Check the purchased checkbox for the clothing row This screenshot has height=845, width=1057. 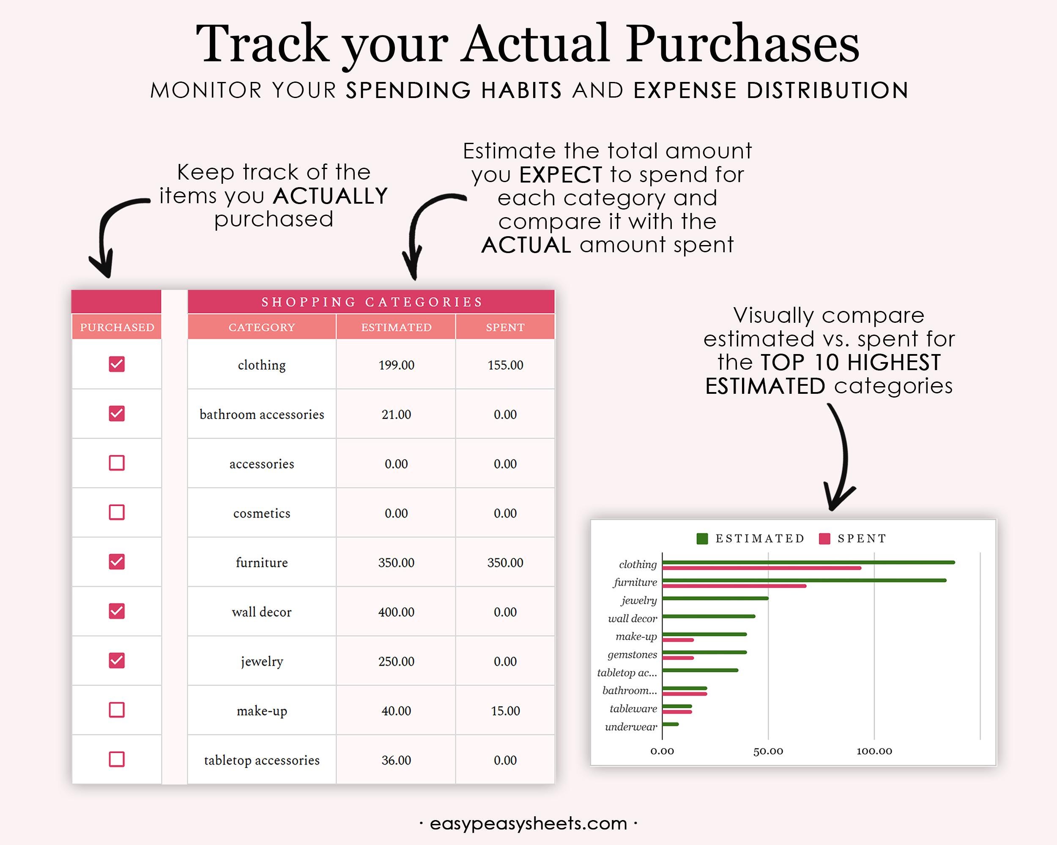point(117,364)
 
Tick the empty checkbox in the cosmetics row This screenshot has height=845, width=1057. point(117,512)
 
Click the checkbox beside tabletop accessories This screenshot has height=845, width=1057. point(117,759)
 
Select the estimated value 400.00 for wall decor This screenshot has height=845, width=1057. point(396,612)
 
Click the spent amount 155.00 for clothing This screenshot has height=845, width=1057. point(505,365)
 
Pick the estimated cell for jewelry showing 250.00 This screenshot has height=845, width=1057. point(396,661)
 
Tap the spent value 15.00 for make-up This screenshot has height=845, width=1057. point(505,711)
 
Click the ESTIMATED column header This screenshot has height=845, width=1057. point(396,327)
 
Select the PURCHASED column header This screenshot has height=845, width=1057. point(117,327)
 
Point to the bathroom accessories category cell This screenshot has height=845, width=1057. point(262,414)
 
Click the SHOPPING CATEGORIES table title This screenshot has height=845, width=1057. point(371,302)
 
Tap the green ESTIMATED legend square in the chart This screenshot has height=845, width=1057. point(702,539)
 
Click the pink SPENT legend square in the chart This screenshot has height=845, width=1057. point(824,539)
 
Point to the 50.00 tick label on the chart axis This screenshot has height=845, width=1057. point(768,751)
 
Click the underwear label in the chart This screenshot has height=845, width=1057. point(630,727)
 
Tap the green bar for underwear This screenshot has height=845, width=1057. point(670,724)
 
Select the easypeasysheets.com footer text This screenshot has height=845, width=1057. point(528,823)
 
